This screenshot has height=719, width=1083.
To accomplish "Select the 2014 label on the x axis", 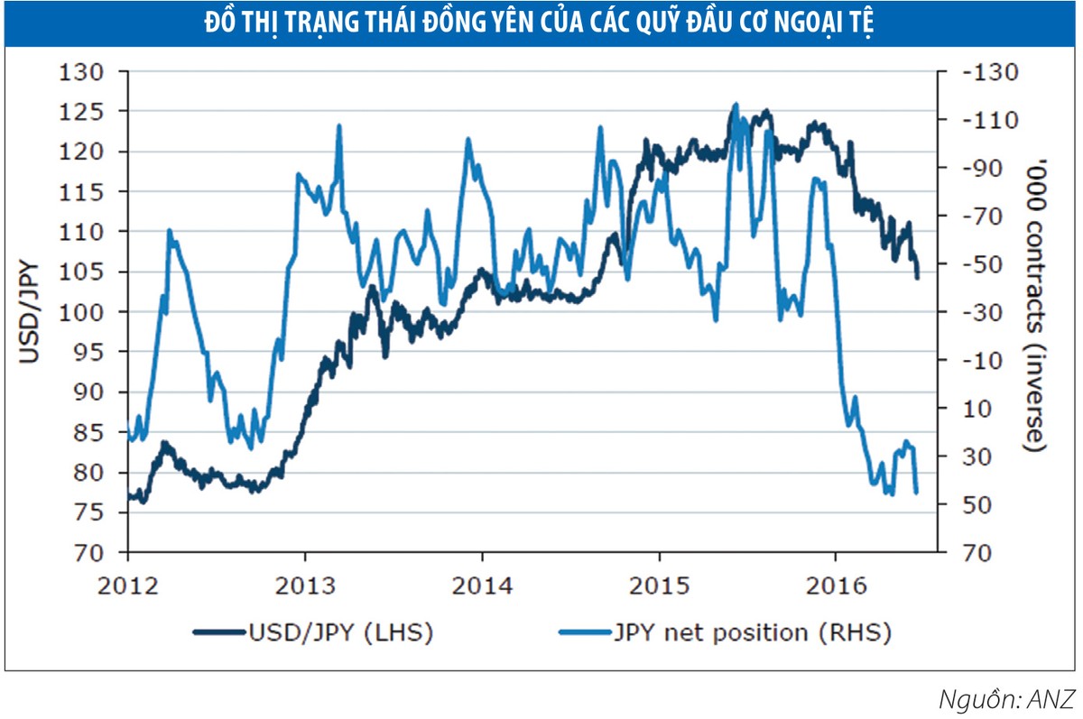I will tap(482, 584).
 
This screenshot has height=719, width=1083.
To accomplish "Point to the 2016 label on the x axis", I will tap(835, 584).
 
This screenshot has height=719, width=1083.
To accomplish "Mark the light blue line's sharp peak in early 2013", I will tap(339, 125).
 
